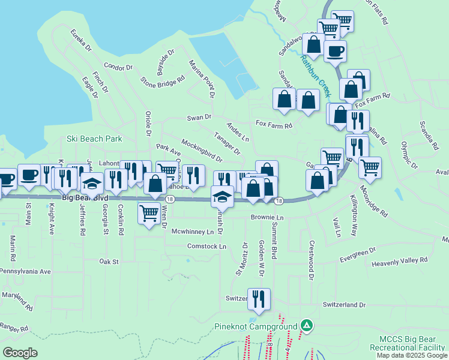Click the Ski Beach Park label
click(94, 139)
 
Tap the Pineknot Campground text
click(256, 327)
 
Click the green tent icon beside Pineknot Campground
click(307, 325)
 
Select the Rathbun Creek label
click(315, 76)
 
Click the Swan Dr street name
click(199, 118)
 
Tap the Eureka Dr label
click(80, 40)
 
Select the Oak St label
click(109, 262)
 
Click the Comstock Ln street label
click(206, 246)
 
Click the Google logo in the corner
click(20, 353)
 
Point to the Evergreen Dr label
click(357, 254)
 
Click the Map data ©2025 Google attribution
click(411, 355)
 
